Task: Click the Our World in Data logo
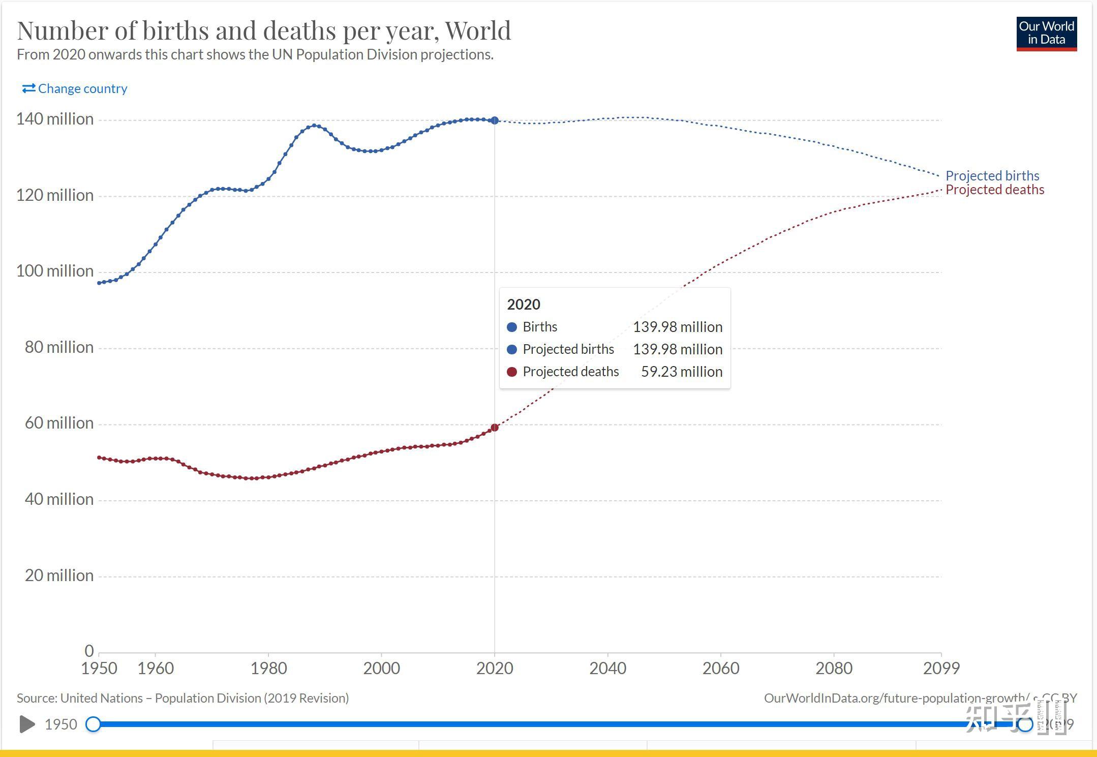pyautogui.click(x=1046, y=34)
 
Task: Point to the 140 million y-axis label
pyautogui.click(x=55, y=119)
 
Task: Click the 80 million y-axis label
pyautogui.click(x=59, y=347)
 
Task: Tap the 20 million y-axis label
pyautogui.click(x=59, y=576)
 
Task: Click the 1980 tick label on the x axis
pyautogui.click(x=268, y=668)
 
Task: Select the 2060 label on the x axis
pyautogui.click(x=721, y=668)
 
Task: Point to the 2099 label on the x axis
pyautogui.click(x=941, y=668)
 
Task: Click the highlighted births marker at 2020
pyautogui.click(x=495, y=120)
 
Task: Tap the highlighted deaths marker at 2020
pyautogui.click(x=494, y=428)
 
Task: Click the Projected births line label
pyautogui.click(x=992, y=176)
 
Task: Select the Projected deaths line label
pyautogui.click(x=995, y=190)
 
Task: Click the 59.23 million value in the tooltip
pyautogui.click(x=681, y=372)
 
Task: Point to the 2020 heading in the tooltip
pyautogui.click(x=524, y=305)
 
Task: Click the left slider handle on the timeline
pyautogui.click(x=93, y=724)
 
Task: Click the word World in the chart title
pyautogui.click(x=478, y=31)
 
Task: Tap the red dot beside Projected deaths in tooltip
pyautogui.click(x=512, y=372)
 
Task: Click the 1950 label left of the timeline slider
pyautogui.click(x=61, y=724)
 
